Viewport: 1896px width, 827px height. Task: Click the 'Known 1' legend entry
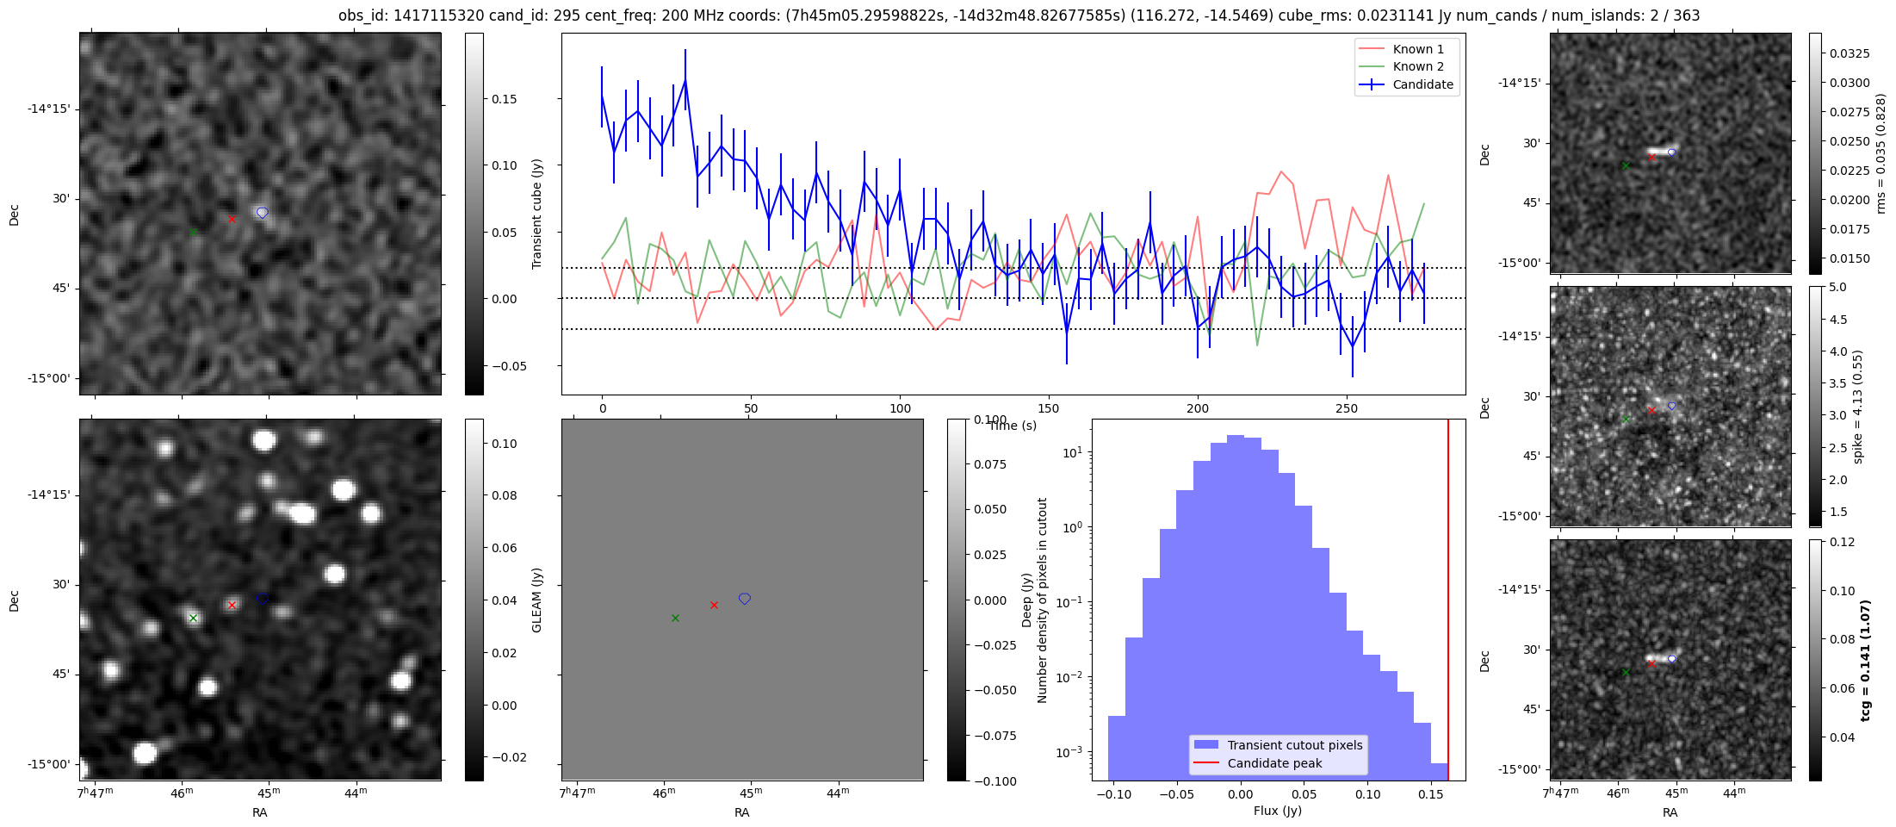coord(1417,49)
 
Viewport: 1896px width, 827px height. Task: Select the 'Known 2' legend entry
coord(1417,66)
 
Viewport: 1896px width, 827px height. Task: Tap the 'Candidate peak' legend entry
coord(1274,763)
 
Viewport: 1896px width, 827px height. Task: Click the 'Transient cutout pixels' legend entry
coord(1294,745)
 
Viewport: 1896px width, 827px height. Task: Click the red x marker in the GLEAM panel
coord(714,606)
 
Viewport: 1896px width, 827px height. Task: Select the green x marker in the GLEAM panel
coord(675,619)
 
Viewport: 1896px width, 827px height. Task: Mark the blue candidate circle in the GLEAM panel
coord(745,599)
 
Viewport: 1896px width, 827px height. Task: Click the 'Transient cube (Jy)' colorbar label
coord(537,214)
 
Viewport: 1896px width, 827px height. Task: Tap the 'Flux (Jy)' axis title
coord(1278,811)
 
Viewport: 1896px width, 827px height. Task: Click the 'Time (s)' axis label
coord(1013,426)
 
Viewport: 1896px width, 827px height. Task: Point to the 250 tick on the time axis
coord(1346,408)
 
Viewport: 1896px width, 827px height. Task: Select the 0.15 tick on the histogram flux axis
coord(1430,794)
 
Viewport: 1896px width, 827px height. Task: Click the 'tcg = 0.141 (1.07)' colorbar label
coord(1865,660)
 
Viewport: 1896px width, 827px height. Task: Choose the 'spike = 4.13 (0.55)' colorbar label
coord(1857,407)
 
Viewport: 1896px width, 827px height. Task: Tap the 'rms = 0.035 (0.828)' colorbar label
coord(1880,153)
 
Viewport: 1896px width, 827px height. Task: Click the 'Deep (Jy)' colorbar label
coord(1026,600)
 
